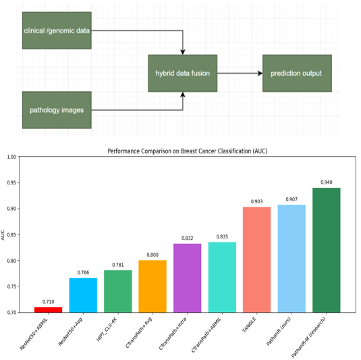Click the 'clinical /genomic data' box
point(57,30)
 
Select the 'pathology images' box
point(57,110)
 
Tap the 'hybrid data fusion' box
point(183,74)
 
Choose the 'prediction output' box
point(297,74)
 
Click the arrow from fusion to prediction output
point(240,74)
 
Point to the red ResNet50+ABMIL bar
point(49,310)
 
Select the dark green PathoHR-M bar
point(326,250)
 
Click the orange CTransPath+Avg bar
point(152,286)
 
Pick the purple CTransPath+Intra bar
point(187,278)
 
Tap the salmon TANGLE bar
point(256,260)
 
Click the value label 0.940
point(327,182)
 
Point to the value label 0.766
point(83,272)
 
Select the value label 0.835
point(222,236)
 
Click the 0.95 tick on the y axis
point(11,183)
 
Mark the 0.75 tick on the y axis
point(11,286)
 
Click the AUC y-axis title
point(3,235)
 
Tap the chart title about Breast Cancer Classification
point(188,151)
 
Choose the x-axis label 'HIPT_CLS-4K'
point(107,329)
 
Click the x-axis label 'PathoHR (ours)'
point(279,331)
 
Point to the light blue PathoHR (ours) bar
point(291,259)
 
